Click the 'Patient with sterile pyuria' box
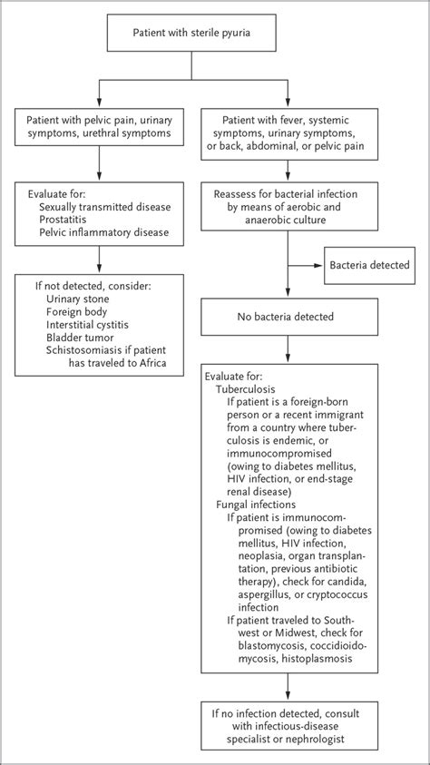(x=191, y=33)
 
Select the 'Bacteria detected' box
(x=370, y=266)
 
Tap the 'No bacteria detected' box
(x=285, y=317)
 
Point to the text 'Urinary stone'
(x=78, y=298)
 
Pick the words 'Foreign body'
(x=76, y=311)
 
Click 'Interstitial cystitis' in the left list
(x=88, y=324)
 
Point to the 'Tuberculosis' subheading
(x=246, y=389)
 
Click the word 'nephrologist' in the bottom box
(x=317, y=739)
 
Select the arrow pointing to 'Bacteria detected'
(x=306, y=266)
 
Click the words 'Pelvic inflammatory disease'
(x=103, y=232)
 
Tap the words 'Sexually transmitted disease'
(x=105, y=207)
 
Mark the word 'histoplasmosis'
(x=327, y=657)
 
